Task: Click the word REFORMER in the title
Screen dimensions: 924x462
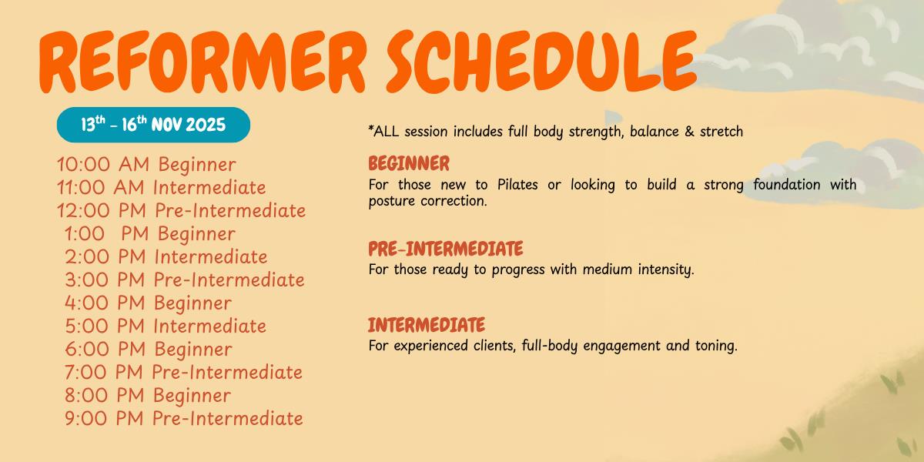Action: (x=202, y=62)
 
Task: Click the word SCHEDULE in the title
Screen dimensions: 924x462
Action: (x=541, y=61)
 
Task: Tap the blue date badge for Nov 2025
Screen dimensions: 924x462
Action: (x=153, y=125)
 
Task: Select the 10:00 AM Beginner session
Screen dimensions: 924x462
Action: (x=146, y=164)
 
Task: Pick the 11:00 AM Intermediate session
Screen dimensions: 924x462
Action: (x=161, y=187)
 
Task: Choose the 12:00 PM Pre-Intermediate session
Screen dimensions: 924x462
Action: (x=182, y=211)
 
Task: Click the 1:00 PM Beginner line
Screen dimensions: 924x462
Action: (x=150, y=233)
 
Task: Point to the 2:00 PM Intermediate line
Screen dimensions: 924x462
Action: (x=166, y=256)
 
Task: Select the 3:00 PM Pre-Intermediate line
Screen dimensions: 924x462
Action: (x=184, y=280)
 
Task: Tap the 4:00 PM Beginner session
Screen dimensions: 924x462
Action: (x=148, y=303)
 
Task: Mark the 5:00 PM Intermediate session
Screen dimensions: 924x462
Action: (x=166, y=326)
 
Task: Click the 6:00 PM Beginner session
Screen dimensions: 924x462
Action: (x=149, y=349)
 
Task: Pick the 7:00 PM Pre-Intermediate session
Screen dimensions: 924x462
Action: (x=183, y=372)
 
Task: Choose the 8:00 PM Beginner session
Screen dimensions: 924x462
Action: (x=148, y=395)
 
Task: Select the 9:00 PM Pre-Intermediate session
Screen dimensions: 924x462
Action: (x=184, y=418)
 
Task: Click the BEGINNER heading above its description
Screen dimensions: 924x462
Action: (x=409, y=163)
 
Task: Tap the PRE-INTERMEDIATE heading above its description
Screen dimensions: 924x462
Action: (x=446, y=249)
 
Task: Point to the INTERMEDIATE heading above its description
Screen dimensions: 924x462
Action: (x=427, y=325)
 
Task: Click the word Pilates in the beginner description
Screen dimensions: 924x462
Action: (x=517, y=184)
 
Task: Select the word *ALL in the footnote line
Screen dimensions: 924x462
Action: (x=383, y=132)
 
